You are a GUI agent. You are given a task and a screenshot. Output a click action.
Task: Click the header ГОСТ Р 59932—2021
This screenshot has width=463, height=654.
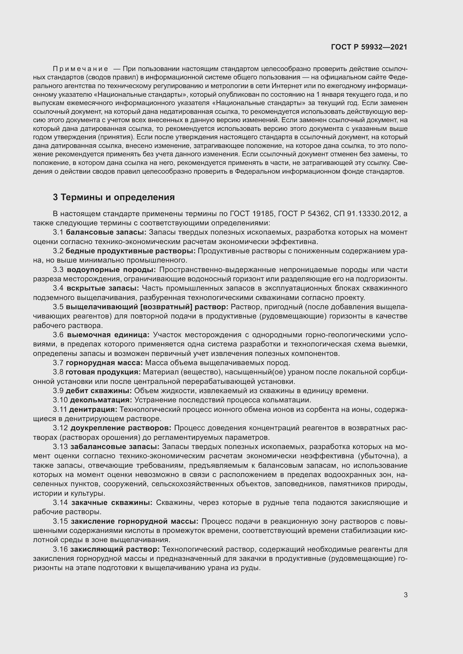[x=369, y=47]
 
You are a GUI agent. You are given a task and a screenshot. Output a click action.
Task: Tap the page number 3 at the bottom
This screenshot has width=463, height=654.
[x=405, y=595]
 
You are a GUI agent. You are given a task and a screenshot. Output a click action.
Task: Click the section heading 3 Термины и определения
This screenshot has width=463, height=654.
[x=113, y=197]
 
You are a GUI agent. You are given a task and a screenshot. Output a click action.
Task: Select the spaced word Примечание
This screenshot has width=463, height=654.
[x=80, y=69]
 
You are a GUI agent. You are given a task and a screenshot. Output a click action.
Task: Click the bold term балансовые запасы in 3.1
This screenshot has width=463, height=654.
[x=106, y=232]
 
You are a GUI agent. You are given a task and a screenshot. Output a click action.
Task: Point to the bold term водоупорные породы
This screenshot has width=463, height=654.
[x=111, y=270]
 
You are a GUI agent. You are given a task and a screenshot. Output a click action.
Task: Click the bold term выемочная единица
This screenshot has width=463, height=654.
[x=108, y=335]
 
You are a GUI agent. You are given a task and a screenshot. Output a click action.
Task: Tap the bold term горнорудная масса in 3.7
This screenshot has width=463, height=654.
[x=104, y=363]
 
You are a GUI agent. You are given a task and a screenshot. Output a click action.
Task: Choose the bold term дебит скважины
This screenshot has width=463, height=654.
[x=99, y=391]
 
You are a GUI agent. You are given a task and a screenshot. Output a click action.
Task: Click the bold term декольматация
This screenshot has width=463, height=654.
[x=101, y=400]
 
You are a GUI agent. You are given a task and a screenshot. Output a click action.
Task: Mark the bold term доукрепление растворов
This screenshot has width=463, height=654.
[x=121, y=428]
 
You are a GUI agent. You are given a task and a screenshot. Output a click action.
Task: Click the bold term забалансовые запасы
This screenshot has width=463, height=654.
[x=115, y=447]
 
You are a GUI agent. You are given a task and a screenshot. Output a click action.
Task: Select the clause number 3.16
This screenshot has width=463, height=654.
[x=60, y=549]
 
